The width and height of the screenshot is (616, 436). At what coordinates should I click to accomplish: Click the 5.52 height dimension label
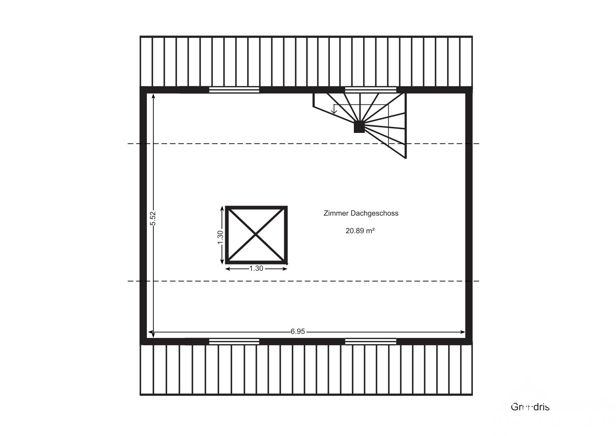click(153, 218)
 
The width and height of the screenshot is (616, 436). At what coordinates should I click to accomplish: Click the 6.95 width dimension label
click(298, 332)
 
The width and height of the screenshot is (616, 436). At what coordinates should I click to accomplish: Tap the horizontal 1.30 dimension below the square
click(256, 268)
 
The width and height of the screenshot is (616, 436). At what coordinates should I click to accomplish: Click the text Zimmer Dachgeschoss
click(361, 213)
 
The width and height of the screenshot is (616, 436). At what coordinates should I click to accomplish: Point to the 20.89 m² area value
click(360, 231)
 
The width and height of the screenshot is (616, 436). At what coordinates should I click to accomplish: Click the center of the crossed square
click(256, 235)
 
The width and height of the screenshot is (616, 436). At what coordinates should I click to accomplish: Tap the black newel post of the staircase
click(359, 127)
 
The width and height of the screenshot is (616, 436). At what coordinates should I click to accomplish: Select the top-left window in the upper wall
click(234, 90)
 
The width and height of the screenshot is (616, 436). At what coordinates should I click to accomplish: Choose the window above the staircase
click(370, 90)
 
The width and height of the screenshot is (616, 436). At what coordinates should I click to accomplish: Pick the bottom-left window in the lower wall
click(234, 341)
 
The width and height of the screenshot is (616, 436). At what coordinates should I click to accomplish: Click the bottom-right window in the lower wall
click(370, 341)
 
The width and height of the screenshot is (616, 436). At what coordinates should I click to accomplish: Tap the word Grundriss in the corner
click(530, 407)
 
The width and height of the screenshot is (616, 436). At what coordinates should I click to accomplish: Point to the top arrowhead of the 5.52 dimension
click(153, 96)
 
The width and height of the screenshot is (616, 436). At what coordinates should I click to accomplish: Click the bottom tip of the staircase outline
click(406, 158)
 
